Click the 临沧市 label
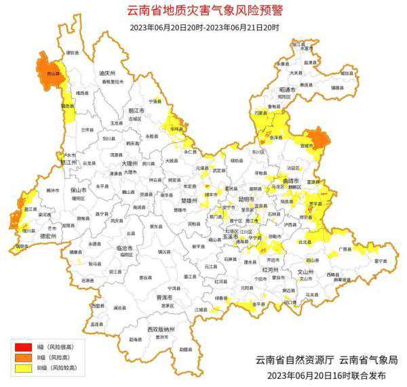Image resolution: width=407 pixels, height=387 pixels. point(125,248)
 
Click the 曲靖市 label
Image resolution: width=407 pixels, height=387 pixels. point(292,181)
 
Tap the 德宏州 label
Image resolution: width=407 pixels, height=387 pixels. point(30,237)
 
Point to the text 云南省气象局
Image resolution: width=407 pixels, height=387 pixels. point(368,359)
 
